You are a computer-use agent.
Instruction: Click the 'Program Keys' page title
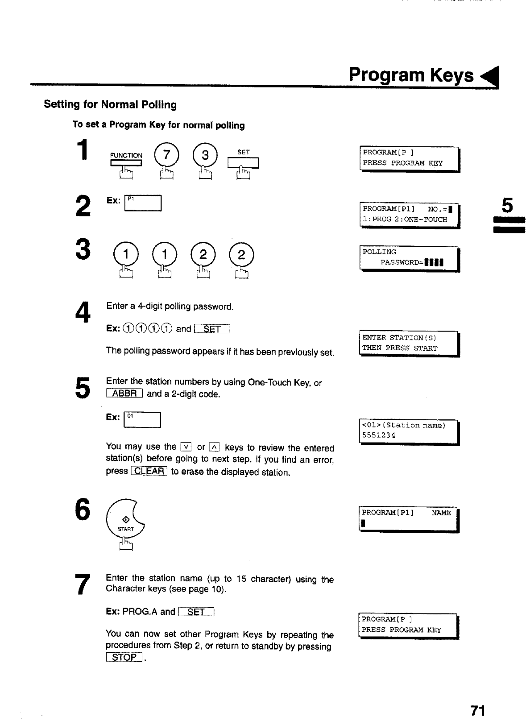(411, 75)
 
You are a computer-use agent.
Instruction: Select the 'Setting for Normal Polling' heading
(110, 105)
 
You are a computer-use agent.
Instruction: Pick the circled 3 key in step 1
(205, 155)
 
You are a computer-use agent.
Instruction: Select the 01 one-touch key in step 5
(142, 420)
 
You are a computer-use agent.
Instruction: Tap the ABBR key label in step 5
(124, 394)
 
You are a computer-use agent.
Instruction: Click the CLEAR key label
(149, 471)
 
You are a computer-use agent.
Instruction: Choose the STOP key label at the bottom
(124, 657)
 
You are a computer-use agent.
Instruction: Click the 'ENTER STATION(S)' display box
(408, 343)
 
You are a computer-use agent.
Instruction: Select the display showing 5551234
(408, 431)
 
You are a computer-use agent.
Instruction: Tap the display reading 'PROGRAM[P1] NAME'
(408, 519)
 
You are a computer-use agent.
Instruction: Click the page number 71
(477, 710)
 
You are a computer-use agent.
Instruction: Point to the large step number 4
(83, 312)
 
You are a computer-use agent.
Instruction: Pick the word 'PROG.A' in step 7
(140, 612)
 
